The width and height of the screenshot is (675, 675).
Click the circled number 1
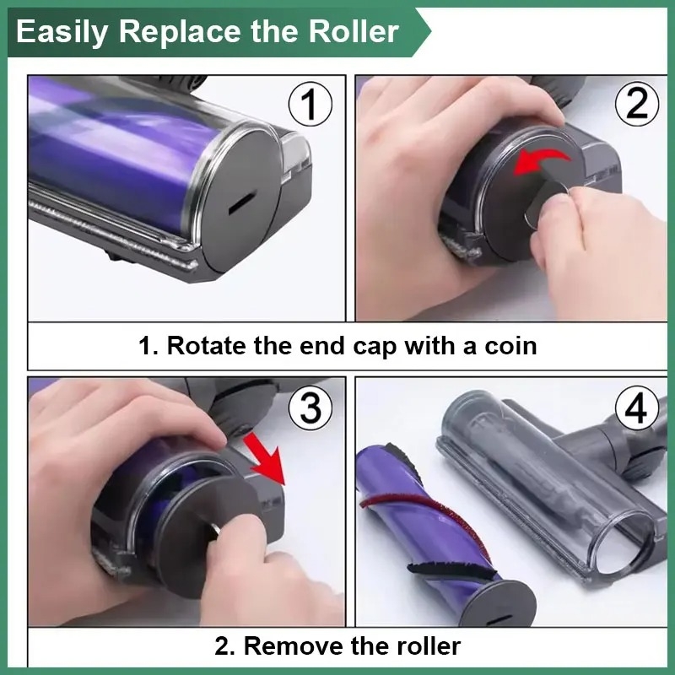click(310, 104)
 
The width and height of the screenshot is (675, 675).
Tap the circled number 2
click(637, 104)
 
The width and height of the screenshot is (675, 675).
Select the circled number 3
click(310, 408)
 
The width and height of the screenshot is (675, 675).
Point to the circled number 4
click(637, 408)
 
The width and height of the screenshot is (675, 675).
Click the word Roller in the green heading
click(354, 31)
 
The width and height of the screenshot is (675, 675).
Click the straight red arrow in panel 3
click(266, 458)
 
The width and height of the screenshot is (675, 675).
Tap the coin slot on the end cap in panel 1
click(243, 202)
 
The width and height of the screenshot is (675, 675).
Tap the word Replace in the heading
click(180, 33)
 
